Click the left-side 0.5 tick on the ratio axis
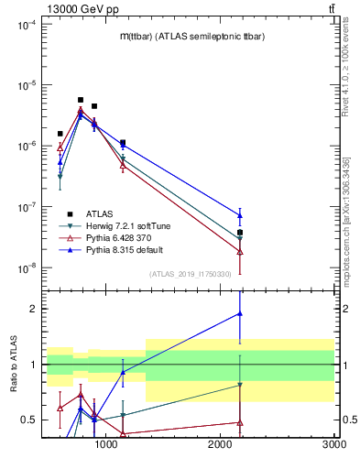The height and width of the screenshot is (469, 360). point(29,420)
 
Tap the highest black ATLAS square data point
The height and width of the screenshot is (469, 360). point(81,100)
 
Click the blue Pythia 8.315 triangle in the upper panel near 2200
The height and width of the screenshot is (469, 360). point(240,215)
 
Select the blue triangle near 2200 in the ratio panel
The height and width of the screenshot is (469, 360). point(240,313)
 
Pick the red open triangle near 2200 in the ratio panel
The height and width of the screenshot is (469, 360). point(240,422)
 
